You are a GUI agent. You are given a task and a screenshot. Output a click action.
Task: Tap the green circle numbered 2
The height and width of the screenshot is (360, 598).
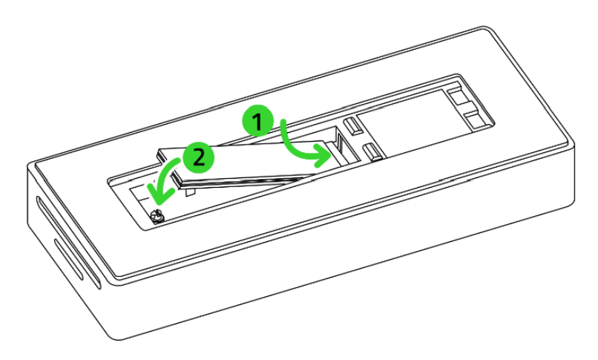click(197, 157)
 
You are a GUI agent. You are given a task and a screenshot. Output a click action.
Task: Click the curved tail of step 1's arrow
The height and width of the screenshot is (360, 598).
click(284, 134)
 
